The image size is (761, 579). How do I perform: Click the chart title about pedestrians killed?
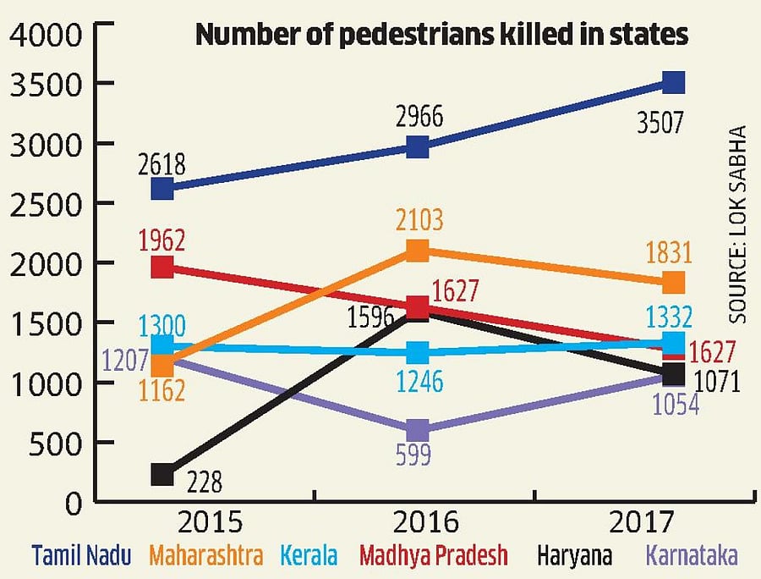click(441, 35)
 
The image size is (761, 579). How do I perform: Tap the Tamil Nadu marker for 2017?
click(673, 82)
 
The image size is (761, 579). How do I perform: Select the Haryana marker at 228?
click(162, 475)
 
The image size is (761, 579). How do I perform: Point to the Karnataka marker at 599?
click(417, 429)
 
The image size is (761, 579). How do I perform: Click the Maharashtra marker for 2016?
click(417, 250)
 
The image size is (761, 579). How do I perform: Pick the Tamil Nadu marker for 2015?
click(162, 188)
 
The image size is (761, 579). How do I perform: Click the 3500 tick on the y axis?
click(46, 84)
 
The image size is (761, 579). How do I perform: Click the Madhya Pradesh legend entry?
click(434, 556)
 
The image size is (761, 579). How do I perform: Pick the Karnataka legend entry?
click(692, 556)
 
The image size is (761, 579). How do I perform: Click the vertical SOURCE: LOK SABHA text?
click(738, 223)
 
